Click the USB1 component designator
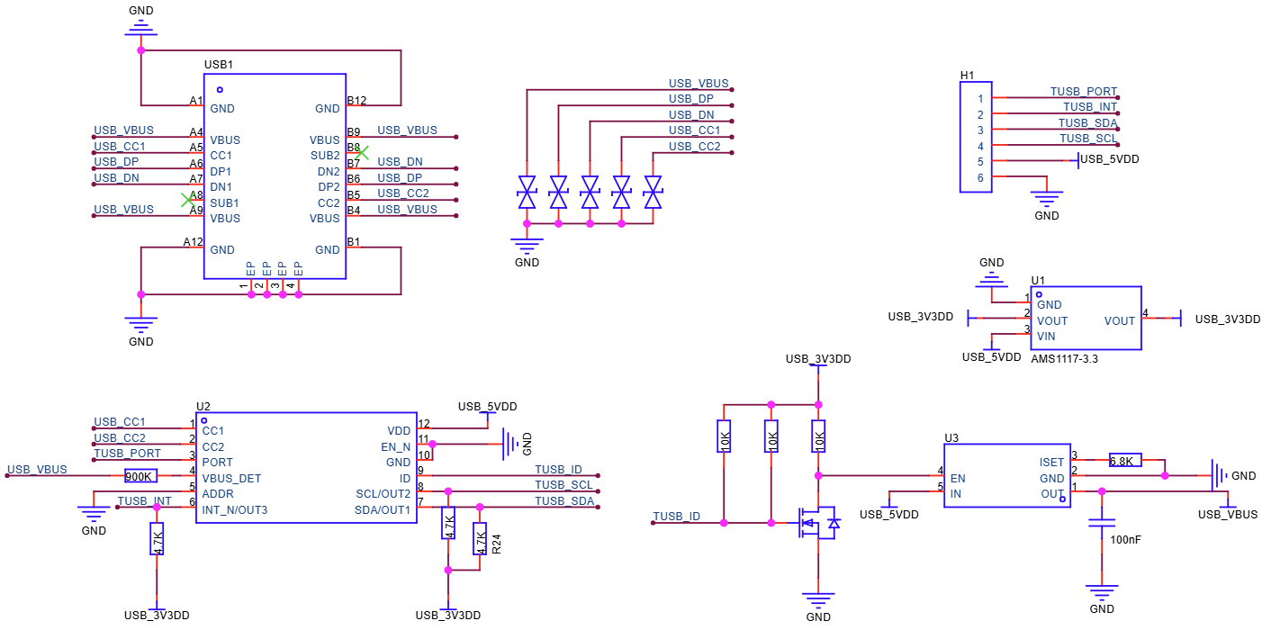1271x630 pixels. (219, 66)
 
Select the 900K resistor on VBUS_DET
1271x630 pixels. (140, 476)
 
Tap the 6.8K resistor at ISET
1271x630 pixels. (1125, 460)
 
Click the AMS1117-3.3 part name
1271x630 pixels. (1064, 358)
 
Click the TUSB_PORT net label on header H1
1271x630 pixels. (1083, 92)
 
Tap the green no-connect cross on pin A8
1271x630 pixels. (186, 198)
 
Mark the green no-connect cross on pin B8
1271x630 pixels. (361, 153)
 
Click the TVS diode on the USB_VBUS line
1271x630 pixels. (527, 193)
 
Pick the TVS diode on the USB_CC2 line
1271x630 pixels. (653, 193)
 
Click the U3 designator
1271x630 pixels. (951, 438)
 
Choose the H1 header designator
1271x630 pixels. (968, 75)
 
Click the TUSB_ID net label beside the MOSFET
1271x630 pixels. (675, 516)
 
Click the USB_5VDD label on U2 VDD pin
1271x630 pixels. (487, 407)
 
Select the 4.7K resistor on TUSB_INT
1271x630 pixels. (158, 540)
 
